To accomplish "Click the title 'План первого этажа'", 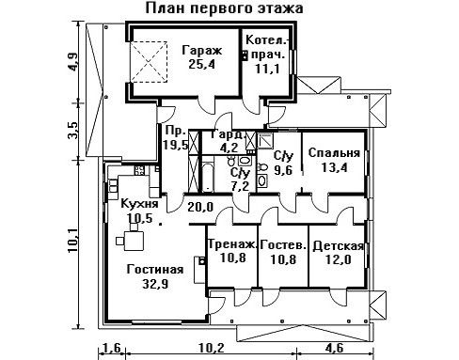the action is [224, 8].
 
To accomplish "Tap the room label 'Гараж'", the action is [202, 50].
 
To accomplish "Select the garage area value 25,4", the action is [202, 65].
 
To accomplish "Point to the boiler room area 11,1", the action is [267, 69].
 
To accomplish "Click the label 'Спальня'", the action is [334, 153].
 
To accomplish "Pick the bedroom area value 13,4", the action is [334, 167].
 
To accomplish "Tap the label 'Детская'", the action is [339, 246].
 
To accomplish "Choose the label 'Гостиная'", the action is [155, 269].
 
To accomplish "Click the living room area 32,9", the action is [155, 284].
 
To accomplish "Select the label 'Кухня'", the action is [139, 204].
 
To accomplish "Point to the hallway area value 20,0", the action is [200, 207].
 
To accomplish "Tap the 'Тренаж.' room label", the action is [232, 244].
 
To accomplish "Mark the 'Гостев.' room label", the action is [283, 244].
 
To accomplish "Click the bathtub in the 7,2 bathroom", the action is [208, 177].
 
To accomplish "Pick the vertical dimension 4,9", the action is [73, 62].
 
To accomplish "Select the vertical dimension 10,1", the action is [73, 241].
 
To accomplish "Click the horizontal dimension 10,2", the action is [211, 348].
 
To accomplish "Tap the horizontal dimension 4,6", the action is [335, 348].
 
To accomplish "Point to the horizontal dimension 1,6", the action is [112, 348].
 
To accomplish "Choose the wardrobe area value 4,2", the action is [229, 147].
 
